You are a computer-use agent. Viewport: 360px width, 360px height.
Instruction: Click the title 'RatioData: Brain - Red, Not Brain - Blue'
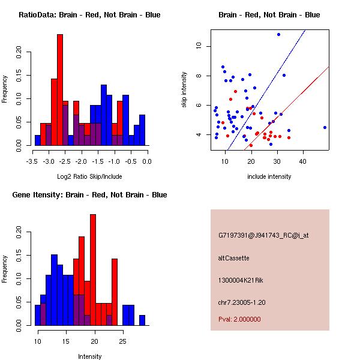89,15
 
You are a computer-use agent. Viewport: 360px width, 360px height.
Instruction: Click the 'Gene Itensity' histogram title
89,195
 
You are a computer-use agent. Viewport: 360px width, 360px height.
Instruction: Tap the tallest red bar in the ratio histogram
60,90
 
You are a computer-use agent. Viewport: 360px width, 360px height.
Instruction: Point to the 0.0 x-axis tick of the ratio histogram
148,161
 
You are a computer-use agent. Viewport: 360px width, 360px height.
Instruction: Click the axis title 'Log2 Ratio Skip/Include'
89,177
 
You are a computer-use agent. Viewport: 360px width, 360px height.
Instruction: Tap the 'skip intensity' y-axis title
185,90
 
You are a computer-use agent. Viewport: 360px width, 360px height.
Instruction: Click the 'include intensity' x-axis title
269,177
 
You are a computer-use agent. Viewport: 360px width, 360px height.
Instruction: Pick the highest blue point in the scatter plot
278,34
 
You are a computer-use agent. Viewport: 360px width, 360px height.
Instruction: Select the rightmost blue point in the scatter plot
325,127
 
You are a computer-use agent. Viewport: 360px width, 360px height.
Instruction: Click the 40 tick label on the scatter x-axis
304,161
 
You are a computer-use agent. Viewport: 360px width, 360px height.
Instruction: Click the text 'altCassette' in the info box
234,258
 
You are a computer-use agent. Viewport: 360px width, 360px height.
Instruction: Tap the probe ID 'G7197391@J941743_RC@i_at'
255,236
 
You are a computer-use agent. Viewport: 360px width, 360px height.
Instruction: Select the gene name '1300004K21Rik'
240,280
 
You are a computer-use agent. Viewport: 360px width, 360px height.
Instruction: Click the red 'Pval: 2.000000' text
239,319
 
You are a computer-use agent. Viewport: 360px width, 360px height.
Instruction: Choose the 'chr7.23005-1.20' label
242,302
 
